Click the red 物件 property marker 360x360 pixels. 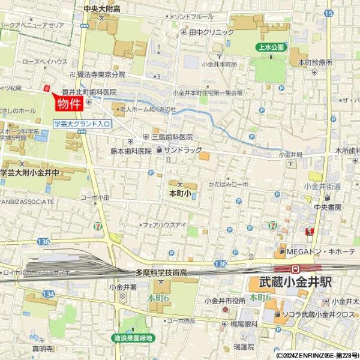[x=68, y=104]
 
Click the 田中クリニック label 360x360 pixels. [x=211, y=32]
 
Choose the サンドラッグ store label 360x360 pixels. [x=183, y=149]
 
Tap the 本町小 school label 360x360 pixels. [x=179, y=194]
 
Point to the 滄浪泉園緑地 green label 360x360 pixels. [x=133, y=338]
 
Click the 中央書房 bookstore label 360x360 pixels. [x=327, y=207]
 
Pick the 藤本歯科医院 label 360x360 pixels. [x=131, y=151]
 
